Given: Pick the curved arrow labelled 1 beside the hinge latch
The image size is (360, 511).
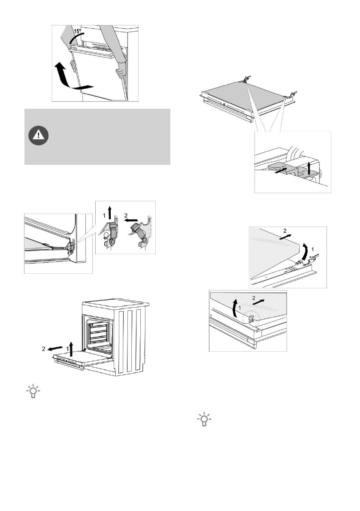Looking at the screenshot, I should tap(306, 250).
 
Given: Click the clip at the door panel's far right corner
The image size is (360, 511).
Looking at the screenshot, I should tap(293, 94).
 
